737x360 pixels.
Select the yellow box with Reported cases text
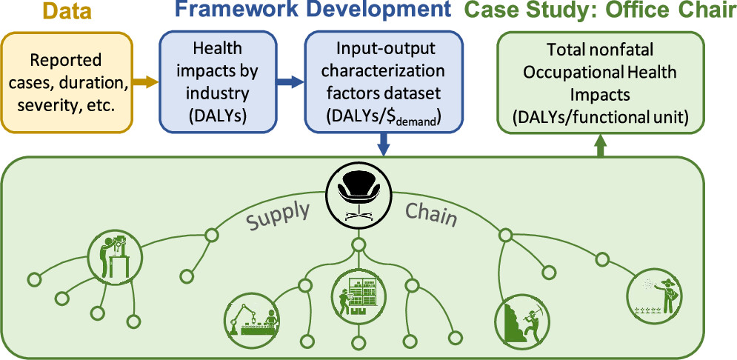(72, 82)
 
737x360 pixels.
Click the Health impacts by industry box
(217, 82)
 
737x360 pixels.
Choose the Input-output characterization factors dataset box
(384, 82)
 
